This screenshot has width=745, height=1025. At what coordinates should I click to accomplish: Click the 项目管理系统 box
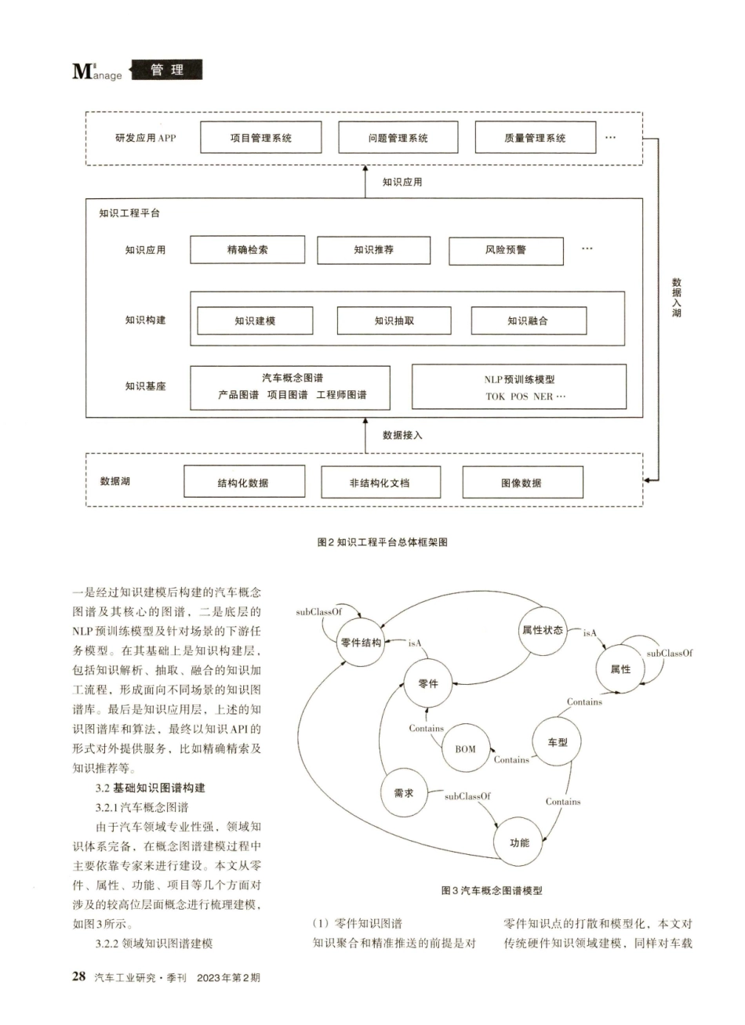[260, 138]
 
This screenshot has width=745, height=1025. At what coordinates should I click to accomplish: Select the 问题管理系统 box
[398, 138]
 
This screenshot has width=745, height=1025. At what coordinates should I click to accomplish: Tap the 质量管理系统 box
[535, 138]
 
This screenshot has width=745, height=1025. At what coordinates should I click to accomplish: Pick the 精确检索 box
[247, 250]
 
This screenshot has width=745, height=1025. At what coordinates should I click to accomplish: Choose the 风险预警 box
[506, 251]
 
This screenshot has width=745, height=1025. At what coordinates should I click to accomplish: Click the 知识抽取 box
[394, 321]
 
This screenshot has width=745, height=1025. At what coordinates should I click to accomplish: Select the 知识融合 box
[528, 321]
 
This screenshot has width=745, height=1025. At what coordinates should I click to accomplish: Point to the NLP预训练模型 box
[518, 386]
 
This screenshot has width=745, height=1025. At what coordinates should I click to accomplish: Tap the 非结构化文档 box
[380, 483]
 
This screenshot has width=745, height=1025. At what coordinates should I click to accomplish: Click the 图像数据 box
[522, 483]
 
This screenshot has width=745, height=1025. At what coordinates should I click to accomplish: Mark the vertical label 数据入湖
[676, 297]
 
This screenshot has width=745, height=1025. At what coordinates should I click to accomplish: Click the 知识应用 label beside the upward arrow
[402, 182]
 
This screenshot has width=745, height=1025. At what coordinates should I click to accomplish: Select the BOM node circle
[465, 748]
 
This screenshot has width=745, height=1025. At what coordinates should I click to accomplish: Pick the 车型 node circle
[558, 742]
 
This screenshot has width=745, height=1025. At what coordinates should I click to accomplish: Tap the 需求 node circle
[404, 793]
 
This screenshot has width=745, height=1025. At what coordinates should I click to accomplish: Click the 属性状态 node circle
[543, 630]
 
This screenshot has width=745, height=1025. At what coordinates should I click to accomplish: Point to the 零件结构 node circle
[361, 643]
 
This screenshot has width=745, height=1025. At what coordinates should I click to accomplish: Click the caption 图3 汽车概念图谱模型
[492, 890]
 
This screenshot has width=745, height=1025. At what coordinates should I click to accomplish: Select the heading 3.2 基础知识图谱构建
[151, 788]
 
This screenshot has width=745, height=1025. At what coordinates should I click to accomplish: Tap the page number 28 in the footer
[79, 976]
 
